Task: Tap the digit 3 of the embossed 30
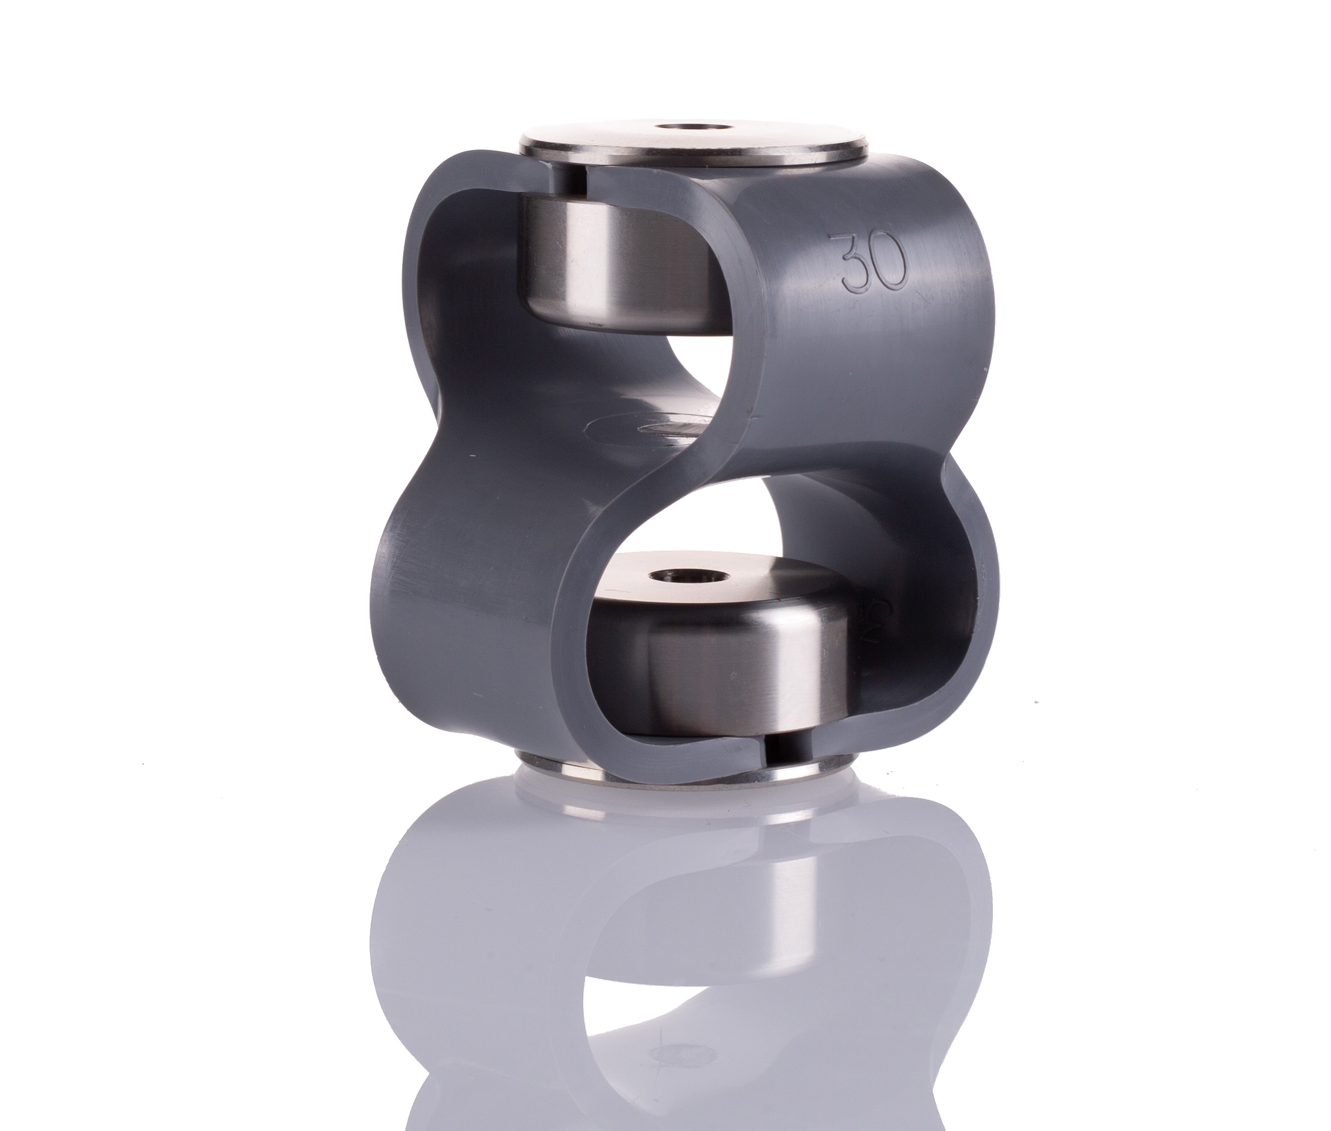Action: point(850,263)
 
